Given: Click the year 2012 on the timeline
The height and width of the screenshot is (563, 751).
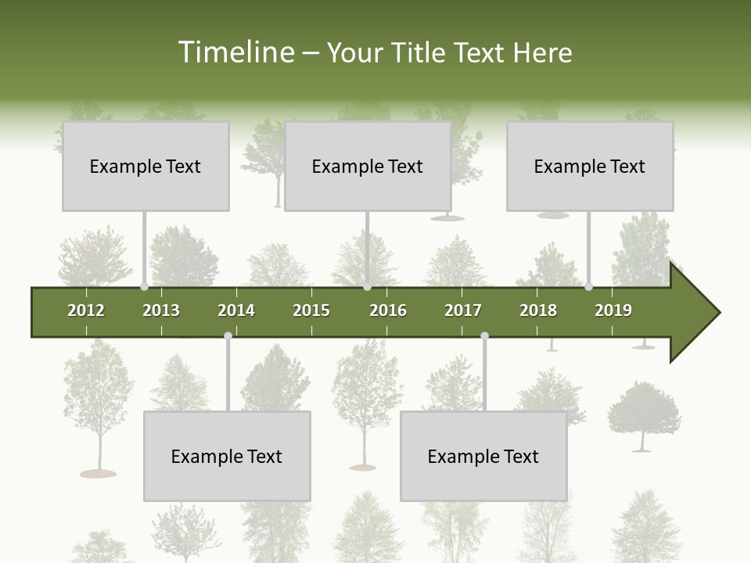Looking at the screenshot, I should pyautogui.click(x=86, y=310).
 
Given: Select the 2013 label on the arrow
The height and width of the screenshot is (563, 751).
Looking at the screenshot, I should pyautogui.click(x=161, y=310).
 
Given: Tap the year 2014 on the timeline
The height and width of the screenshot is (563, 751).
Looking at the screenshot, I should pyautogui.click(x=236, y=310).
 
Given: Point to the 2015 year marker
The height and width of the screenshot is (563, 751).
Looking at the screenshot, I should pyautogui.click(x=311, y=310).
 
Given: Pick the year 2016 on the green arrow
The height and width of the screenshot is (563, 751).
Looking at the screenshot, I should pyautogui.click(x=388, y=310).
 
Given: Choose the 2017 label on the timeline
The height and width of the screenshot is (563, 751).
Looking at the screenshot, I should pyautogui.click(x=463, y=310).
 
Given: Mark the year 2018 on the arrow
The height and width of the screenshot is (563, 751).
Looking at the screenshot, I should pyautogui.click(x=538, y=310).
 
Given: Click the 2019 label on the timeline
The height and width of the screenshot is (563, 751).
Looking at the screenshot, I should pyautogui.click(x=613, y=310).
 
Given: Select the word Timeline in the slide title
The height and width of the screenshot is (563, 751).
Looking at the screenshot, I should pyautogui.click(x=235, y=52).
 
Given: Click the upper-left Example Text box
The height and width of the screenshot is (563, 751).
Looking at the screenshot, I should pyautogui.click(x=146, y=166).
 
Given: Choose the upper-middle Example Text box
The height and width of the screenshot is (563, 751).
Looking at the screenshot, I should pyautogui.click(x=368, y=166).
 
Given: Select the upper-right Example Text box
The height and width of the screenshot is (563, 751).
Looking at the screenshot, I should pyautogui.click(x=590, y=166).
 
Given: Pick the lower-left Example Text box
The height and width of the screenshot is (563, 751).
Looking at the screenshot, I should pyautogui.click(x=227, y=456).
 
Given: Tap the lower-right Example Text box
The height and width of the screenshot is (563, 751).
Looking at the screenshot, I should pyautogui.click(x=483, y=456).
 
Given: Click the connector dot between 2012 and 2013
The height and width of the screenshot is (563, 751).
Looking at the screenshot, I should pyautogui.click(x=144, y=287).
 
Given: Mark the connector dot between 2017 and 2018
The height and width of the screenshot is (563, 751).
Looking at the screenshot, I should pyautogui.click(x=484, y=336).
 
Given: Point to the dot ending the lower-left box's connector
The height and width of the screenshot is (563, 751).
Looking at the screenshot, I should pyautogui.click(x=228, y=336).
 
